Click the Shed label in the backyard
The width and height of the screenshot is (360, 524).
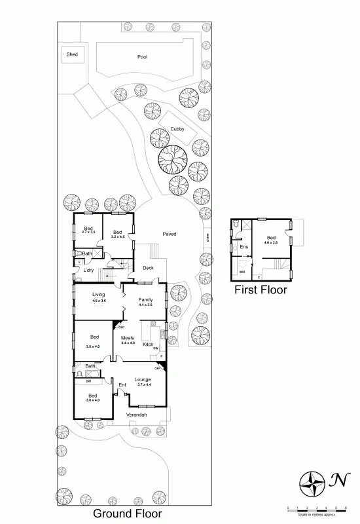point(71,54)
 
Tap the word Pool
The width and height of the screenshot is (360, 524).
point(142,57)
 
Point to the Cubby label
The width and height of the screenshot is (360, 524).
point(177,130)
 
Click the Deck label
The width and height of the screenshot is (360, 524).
point(148,269)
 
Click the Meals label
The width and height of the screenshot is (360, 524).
point(128,337)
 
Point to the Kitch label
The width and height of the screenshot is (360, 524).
point(148,345)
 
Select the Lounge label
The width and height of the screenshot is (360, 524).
point(143,379)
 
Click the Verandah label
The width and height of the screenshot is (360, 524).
point(136,415)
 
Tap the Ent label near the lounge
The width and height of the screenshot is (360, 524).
point(122,385)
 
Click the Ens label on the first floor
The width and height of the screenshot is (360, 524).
point(244,247)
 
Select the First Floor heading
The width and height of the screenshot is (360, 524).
point(261,289)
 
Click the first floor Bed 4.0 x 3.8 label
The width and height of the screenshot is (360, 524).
point(271,239)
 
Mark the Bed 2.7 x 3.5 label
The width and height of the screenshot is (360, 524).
point(88,230)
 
